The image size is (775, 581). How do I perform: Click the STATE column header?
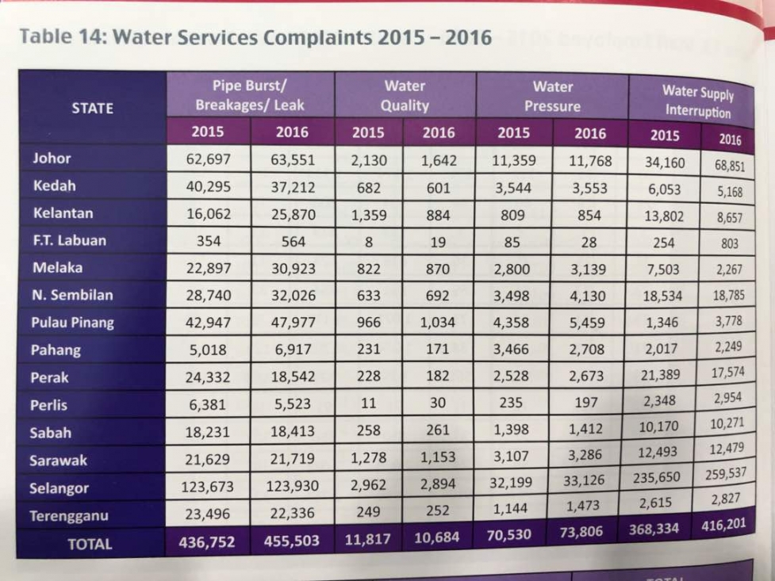[93, 109]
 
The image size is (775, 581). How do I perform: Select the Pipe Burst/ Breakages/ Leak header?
[250, 95]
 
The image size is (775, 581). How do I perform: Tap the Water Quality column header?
[405, 96]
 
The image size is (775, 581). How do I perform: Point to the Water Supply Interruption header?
[698, 101]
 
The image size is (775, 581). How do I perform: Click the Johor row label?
[52, 158]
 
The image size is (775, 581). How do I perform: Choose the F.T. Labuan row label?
[70, 241]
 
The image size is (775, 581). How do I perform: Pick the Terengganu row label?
[69, 516]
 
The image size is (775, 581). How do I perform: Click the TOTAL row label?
[90, 544]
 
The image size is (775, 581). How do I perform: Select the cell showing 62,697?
[208, 159]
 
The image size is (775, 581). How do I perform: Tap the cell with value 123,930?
[292, 486]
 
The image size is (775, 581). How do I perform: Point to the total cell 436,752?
[207, 542]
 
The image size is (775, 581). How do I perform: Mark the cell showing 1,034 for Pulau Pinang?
[438, 322]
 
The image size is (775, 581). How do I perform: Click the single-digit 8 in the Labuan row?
[369, 242]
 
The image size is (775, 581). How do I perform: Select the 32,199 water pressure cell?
[511, 482]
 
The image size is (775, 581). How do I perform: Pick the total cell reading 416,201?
[723, 525]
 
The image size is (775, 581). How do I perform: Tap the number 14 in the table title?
[90, 36]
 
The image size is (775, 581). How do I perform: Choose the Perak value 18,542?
[293, 377]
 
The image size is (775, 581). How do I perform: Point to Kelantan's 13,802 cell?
[664, 216]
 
